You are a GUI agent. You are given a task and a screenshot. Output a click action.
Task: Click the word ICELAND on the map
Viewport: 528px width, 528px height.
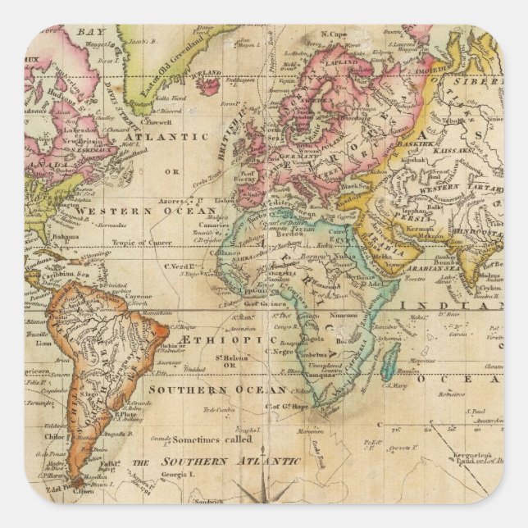[211, 72]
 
